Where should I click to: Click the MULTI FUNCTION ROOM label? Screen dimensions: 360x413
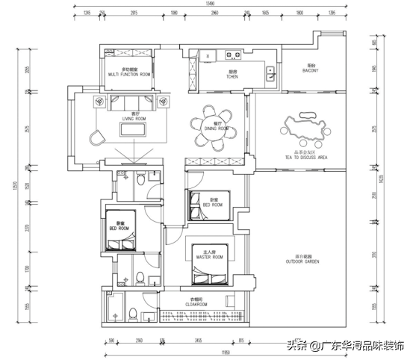click(x=129, y=74)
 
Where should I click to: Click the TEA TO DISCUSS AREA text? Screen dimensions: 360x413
click(x=306, y=158)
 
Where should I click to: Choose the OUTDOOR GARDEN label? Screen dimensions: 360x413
click(x=302, y=262)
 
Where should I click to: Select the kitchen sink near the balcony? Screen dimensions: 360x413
click(x=270, y=72)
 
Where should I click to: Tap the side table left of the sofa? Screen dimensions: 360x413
click(x=99, y=102)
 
